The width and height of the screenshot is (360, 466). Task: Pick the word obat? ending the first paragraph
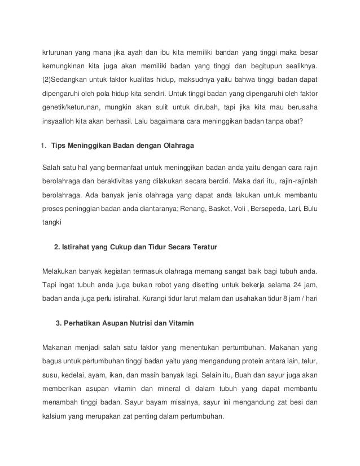click(x=307, y=120)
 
